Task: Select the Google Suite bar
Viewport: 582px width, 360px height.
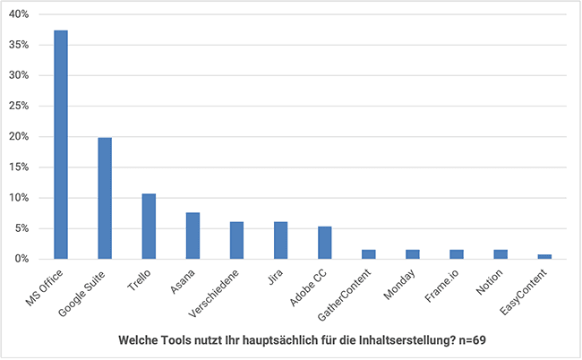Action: (105, 198)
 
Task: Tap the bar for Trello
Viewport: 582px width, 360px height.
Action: (149, 226)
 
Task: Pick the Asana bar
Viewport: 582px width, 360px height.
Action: (193, 236)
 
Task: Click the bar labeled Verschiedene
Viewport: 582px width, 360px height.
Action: (236, 240)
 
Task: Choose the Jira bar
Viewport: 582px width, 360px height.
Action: (280, 240)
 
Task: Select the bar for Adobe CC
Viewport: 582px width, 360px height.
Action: (324, 243)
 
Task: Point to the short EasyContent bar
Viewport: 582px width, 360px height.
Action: (544, 256)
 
